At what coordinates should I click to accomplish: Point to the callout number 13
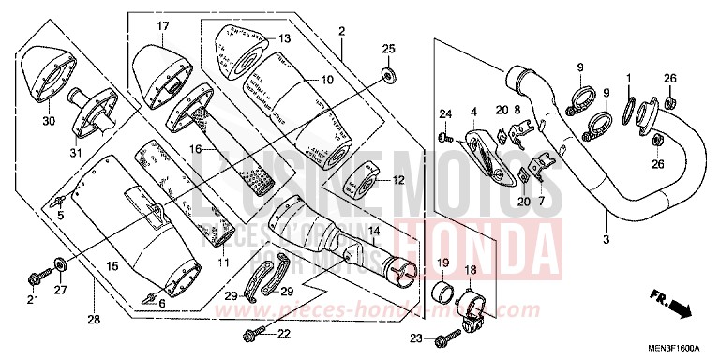pos(285,38)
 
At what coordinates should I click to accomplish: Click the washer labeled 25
pos(388,72)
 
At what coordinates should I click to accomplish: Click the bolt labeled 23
pos(441,337)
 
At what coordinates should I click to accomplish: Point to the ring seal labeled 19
pos(439,285)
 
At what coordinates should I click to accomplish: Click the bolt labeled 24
pos(441,139)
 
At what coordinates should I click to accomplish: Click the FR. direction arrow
pos(670,304)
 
